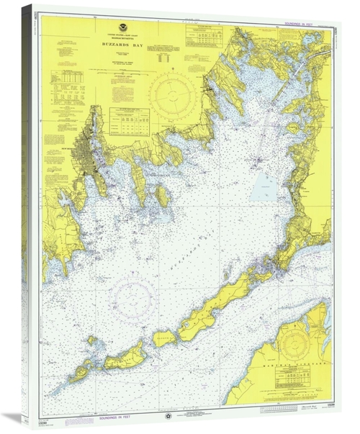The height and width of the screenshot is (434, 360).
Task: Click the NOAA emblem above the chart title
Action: pos(122,29)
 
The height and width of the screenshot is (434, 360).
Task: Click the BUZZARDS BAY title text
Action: pos(121,43)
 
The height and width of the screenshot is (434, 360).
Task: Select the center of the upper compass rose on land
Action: pos(176,95)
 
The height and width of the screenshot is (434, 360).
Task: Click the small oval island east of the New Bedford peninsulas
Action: pos(164,196)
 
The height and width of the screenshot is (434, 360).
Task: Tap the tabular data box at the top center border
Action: pos(204,37)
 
